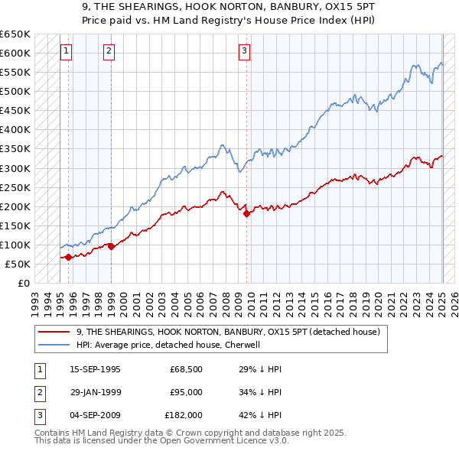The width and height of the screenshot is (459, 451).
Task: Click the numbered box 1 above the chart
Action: click(67, 51)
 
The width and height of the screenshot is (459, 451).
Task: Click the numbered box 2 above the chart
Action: click(109, 51)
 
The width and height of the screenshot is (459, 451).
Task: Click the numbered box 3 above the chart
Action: click(244, 51)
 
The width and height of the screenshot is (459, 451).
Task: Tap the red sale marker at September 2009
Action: click(246, 214)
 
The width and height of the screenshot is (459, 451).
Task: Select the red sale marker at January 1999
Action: click(111, 246)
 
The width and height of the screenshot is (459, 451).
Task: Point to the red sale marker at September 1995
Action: click(68, 257)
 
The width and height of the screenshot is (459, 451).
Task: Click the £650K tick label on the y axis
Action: click(15, 34)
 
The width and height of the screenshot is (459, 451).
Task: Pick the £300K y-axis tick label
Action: click(15, 168)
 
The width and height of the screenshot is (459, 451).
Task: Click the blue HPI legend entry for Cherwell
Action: click(169, 345)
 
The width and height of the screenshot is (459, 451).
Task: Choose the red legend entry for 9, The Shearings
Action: click(222, 332)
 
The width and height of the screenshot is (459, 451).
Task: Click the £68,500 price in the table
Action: click(186, 369)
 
